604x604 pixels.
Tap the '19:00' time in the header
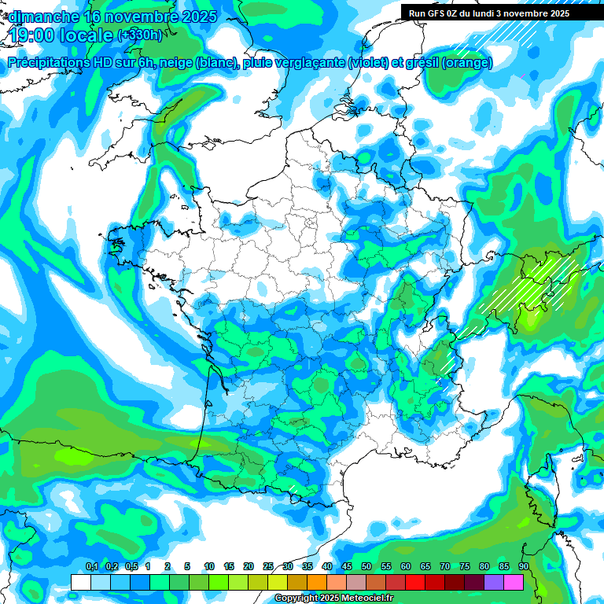point(31,35)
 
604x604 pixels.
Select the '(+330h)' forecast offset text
point(139,35)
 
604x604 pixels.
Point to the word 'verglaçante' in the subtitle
point(311,63)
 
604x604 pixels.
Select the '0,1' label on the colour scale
point(92,567)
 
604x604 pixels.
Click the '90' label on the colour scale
point(524,567)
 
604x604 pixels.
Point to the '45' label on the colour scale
point(347,567)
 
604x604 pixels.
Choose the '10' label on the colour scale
point(209,567)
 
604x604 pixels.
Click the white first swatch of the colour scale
point(80,582)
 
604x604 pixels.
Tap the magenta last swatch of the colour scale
point(514,582)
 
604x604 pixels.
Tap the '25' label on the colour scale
point(268,567)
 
